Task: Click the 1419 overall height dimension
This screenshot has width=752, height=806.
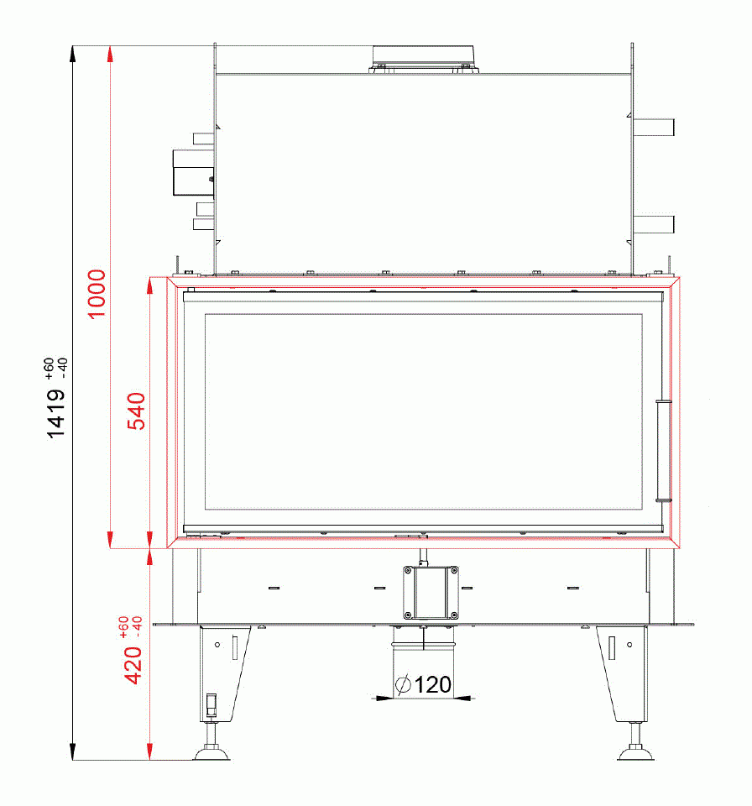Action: click(56, 413)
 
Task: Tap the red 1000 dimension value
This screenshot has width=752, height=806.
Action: click(97, 294)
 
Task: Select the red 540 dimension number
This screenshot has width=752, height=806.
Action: click(136, 411)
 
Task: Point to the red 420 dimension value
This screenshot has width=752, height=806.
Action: click(133, 665)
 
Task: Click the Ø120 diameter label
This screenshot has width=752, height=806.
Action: click(424, 685)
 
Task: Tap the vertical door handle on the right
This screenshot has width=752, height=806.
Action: click(664, 450)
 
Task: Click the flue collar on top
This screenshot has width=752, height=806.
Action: click(424, 59)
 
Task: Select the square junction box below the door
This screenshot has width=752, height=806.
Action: click(431, 593)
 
